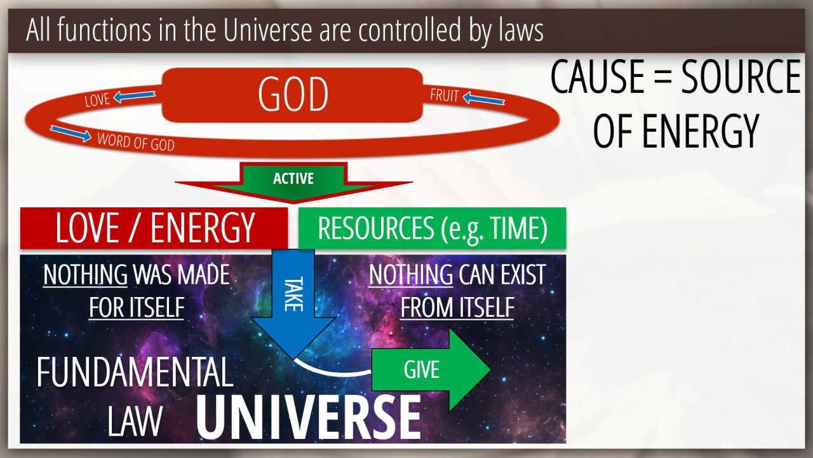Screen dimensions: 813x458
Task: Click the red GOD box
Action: (292, 95)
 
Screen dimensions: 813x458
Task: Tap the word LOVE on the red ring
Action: (97, 100)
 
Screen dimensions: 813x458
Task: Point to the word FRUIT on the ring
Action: (445, 95)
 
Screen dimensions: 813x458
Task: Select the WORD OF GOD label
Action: (136, 142)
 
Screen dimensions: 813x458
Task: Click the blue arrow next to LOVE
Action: (134, 96)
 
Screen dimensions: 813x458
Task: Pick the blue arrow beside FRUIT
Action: (484, 98)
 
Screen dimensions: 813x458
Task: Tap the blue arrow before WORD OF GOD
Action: (71, 134)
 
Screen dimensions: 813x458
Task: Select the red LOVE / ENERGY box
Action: (154, 228)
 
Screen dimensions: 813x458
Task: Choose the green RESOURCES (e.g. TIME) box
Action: (433, 228)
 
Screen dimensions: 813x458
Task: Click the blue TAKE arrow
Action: (293, 303)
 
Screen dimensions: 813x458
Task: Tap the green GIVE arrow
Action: (431, 370)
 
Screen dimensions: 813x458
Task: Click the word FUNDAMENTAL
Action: (135, 372)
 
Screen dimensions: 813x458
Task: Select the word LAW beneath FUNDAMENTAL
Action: (135, 421)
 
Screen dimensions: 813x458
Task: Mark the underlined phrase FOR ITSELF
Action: (137, 307)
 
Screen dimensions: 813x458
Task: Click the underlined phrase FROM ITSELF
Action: (457, 307)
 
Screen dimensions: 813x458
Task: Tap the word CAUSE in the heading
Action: (598, 77)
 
